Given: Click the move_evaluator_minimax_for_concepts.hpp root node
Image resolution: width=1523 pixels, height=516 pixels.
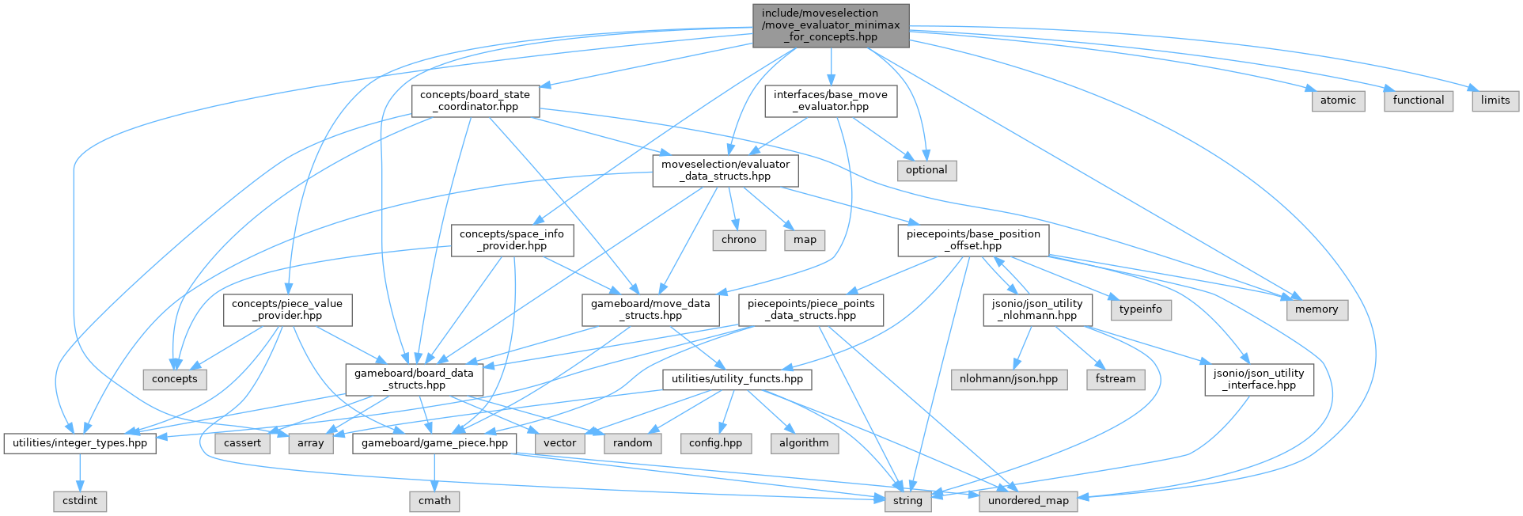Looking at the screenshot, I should (x=831, y=25).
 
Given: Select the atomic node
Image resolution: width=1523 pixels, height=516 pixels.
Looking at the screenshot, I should (x=1338, y=101).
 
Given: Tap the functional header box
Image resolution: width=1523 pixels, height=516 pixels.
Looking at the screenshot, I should (x=1419, y=101).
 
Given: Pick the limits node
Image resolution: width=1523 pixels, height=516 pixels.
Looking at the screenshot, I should (x=1495, y=101).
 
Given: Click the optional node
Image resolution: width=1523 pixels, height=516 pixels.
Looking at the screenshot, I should (x=926, y=170).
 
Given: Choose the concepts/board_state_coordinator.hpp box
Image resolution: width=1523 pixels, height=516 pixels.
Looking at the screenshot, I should (x=475, y=101).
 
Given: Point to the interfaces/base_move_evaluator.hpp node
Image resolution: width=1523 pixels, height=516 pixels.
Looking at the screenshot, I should (x=831, y=101).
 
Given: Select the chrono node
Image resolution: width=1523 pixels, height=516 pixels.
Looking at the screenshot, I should (x=739, y=240).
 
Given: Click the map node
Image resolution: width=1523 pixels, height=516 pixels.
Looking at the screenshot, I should (x=805, y=240).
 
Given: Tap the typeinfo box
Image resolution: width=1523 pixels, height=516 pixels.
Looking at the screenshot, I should (x=1141, y=309).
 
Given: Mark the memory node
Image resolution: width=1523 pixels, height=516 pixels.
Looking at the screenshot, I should (x=1317, y=309).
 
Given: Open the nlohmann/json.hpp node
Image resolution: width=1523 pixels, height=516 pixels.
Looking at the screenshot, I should (x=1009, y=379).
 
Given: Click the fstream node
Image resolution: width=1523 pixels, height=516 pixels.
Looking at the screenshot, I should (x=1116, y=379).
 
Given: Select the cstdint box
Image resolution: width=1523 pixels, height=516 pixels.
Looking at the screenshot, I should (x=80, y=501).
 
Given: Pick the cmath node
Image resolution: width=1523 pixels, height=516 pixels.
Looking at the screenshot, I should (x=434, y=501).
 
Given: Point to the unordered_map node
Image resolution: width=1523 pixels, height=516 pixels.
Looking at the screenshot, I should (x=1029, y=501).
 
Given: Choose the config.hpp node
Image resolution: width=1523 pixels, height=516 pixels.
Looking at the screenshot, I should (x=715, y=443).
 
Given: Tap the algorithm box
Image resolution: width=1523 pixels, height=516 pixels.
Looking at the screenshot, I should (x=804, y=443).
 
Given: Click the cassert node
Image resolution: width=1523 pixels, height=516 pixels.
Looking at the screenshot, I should (x=242, y=443).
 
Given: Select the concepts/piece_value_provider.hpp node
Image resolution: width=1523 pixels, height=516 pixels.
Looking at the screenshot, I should (x=287, y=309).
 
